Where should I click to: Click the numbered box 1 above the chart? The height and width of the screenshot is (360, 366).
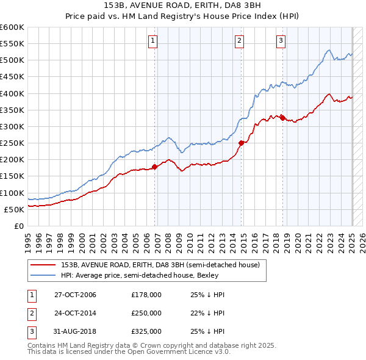152,41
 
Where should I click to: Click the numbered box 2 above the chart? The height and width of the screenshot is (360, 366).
239,41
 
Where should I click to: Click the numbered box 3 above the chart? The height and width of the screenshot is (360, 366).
281,41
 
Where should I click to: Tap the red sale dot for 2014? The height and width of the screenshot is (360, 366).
242,143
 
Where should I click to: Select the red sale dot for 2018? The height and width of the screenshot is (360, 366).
283,118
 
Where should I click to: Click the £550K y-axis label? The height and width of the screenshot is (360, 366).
13,44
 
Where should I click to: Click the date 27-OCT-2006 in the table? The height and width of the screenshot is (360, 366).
76,295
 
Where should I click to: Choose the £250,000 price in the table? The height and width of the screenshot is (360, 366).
146,313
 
